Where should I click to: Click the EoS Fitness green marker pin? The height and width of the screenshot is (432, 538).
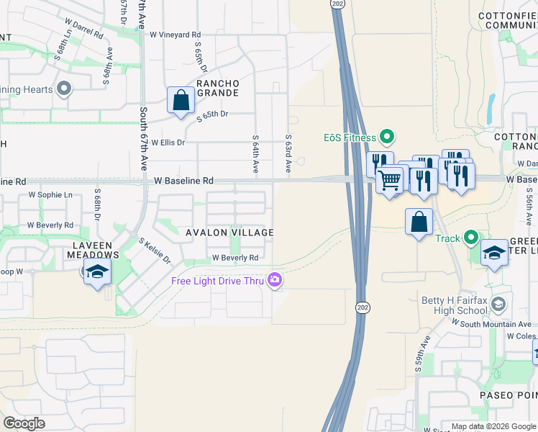coord(387,136)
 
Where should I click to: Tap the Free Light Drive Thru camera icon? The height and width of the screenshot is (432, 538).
coord(274,280)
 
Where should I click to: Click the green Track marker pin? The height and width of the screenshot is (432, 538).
coord(472,237)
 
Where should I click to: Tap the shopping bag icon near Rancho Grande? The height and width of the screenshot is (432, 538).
coord(181,101)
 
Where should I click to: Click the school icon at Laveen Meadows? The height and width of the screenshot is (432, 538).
coord(97,272)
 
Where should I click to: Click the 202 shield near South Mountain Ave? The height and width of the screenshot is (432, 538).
coord(360,307)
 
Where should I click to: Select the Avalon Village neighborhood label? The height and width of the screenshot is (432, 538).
coord(229,233)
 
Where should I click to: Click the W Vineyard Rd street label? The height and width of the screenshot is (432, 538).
coord(175,35)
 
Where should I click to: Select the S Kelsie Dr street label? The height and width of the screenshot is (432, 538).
coord(154,250)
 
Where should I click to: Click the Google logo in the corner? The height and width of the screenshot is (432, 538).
coord(24,423)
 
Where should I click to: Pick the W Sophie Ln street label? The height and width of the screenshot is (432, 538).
coord(50,194)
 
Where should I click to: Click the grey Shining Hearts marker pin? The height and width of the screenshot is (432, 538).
coord(64,89)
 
